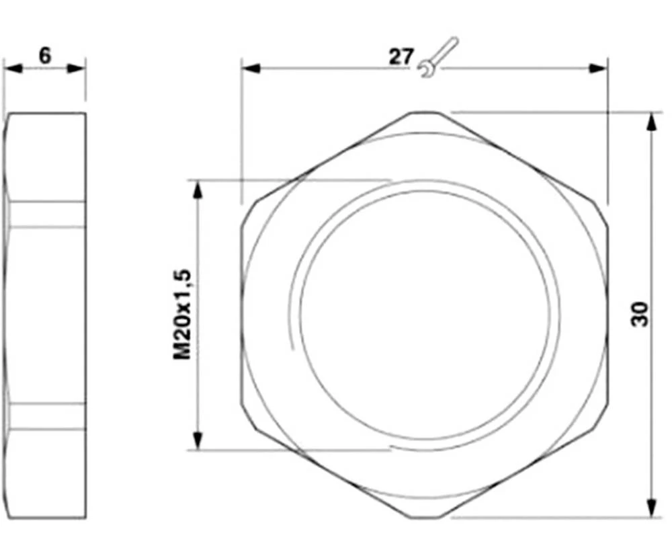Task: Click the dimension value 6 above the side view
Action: click(44, 56)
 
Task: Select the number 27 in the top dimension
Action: click(401, 57)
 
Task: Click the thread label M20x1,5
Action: click(183, 314)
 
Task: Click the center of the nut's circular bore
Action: click(429, 315)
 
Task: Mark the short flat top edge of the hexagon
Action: click(426, 112)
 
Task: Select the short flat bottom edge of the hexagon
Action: click(426, 518)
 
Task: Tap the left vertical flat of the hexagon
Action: click(241, 315)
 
